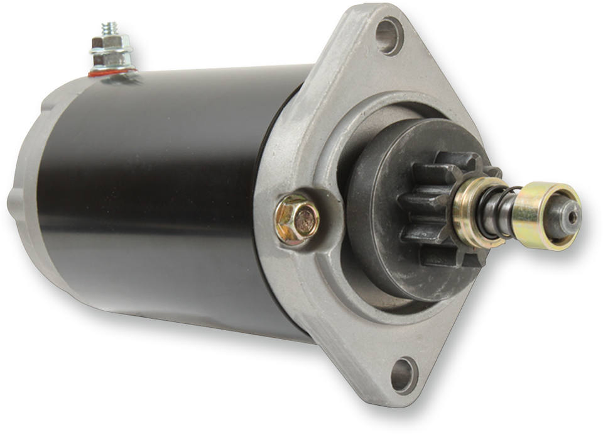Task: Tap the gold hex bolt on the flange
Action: pos(297,220)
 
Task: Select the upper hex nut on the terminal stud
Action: pos(111,43)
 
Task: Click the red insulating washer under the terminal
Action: pos(113,73)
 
